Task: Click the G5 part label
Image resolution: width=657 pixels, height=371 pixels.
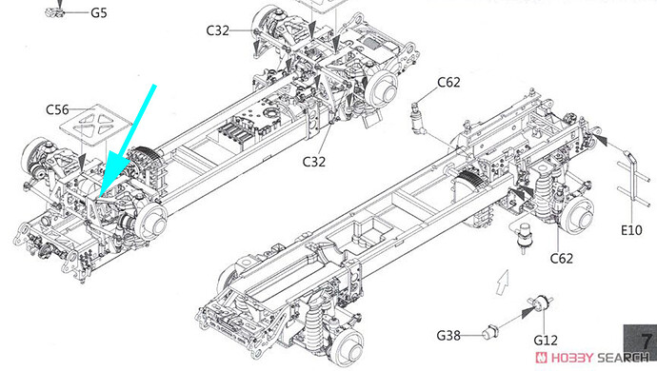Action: (x=99, y=12)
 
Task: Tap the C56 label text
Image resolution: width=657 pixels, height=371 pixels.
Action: (x=57, y=109)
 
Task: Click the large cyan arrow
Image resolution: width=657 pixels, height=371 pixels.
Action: (x=128, y=141)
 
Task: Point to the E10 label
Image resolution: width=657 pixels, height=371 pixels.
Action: (x=631, y=230)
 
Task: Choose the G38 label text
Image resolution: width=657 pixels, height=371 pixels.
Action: (x=448, y=336)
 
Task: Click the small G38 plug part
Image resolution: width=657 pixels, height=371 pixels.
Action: (x=489, y=332)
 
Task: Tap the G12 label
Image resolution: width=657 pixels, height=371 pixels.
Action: (x=546, y=341)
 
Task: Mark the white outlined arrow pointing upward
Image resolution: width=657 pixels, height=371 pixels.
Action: (x=503, y=282)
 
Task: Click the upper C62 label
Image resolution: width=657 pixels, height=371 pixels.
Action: (x=448, y=83)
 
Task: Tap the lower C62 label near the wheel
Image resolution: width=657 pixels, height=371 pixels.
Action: (x=562, y=259)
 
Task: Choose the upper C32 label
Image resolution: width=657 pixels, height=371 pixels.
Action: (x=218, y=30)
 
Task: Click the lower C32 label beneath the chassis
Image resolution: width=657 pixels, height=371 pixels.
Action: (x=314, y=162)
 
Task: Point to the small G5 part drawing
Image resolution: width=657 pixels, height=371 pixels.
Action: (x=56, y=12)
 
